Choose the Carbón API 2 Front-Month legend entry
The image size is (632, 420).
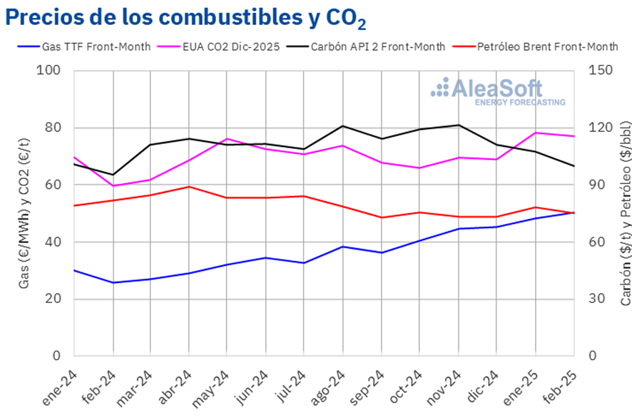point(378,47)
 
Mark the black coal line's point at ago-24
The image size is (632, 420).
point(343,126)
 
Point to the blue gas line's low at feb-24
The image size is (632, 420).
point(113,282)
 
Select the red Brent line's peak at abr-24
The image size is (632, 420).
point(189,187)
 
